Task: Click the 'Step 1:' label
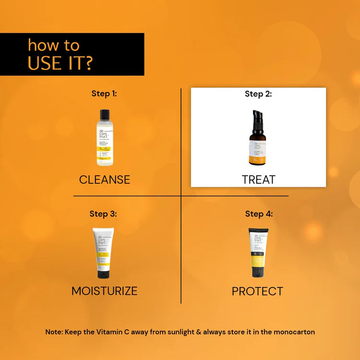[104, 94]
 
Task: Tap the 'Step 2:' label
[258, 94]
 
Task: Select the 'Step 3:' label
[103, 214]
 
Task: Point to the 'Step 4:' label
[259, 214]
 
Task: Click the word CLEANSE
[105, 180]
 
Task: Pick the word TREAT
[258, 180]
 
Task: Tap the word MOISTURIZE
[104, 291]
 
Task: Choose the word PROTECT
[257, 291]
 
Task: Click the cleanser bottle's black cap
[105, 115]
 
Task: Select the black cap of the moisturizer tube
[104, 274]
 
